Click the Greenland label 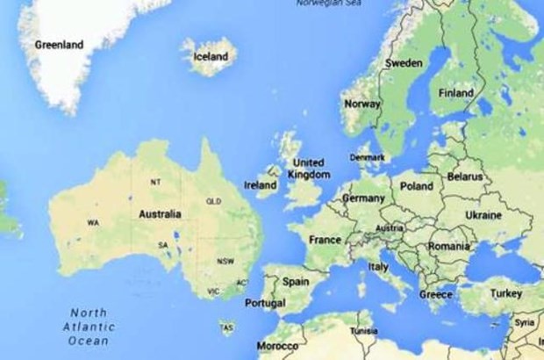[x=59, y=44]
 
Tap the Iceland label [x=210, y=57]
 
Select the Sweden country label [x=404, y=63]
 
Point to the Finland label [x=455, y=93]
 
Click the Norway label [x=361, y=104]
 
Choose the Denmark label [x=367, y=158]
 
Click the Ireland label [x=260, y=185]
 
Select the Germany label [x=362, y=198]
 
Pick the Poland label [x=416, y=186]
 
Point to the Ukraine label [x=483, y=215]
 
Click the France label [x=325, y=239]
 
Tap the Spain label [x=295, y=282]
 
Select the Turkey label [x=505, y=293]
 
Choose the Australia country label [x=160, y=213]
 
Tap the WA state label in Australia [x=93, y=223]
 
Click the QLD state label [x=213, y=201]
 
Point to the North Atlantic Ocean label [x=89, y=327]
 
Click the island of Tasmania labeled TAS [x=227, y=327]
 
